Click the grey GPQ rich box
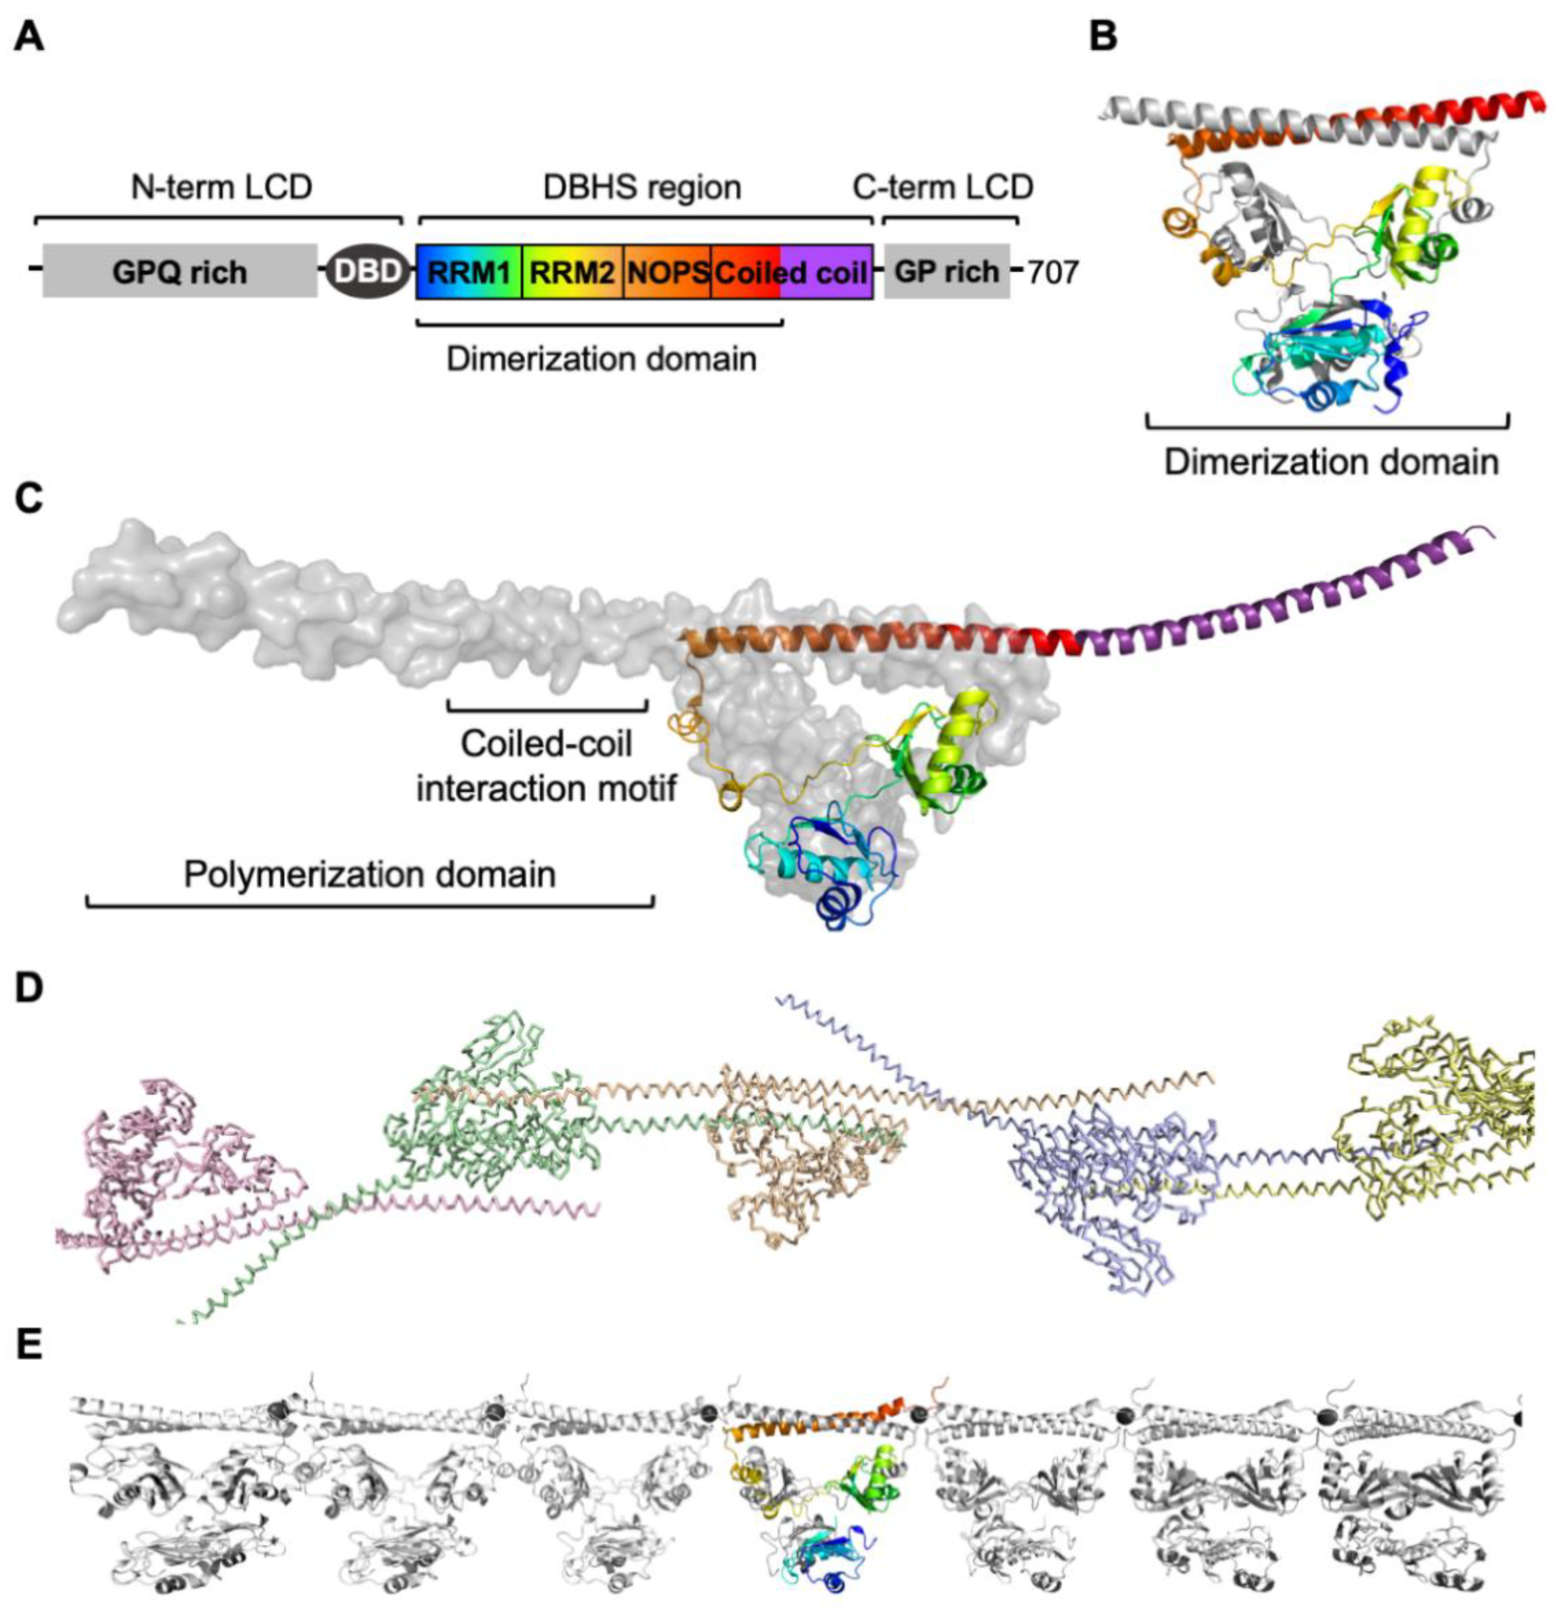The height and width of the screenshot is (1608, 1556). point(179,270)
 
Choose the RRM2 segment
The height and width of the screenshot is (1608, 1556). point(572,271)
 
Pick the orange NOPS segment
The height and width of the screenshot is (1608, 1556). point(667,271)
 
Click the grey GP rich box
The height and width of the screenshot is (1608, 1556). point(946,270)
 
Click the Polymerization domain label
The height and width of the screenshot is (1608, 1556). point(369,875)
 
